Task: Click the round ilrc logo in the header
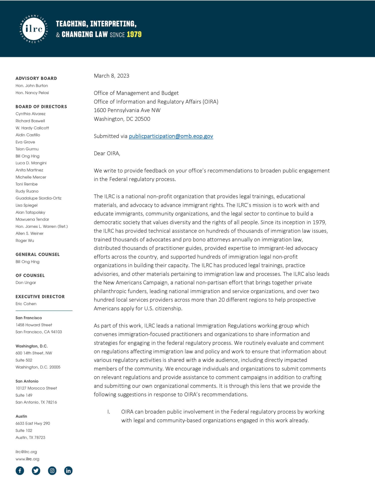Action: (x=34, y=29)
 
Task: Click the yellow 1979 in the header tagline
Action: (x=134, y=34)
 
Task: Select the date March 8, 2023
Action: (x=111, y=76)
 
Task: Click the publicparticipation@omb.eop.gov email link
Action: (x=171, y=136)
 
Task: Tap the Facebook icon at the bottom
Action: (x=20, y=470)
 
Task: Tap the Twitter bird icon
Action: (x=36, y=470)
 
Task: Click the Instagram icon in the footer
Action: (x=52, y=470)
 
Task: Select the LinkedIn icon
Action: (x=68, y=470)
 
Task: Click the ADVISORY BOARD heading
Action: (x=36, y=78)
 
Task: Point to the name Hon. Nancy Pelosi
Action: (x=32, y=93)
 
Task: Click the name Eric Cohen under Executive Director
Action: (x=26, y=304)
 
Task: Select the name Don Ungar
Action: (x=26, y=282)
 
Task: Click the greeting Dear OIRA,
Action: (x=107, y=153)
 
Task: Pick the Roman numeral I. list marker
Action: (x=109, y=412)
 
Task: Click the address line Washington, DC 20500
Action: (x=122, y=119)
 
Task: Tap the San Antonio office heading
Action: (x=27, y=381)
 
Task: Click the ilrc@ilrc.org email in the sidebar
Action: (x=26, y=452)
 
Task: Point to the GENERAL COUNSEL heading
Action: (x=37, y=254)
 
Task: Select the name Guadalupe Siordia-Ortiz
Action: (x=38, y=198)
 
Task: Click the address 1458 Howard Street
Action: (x=34, y=325)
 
